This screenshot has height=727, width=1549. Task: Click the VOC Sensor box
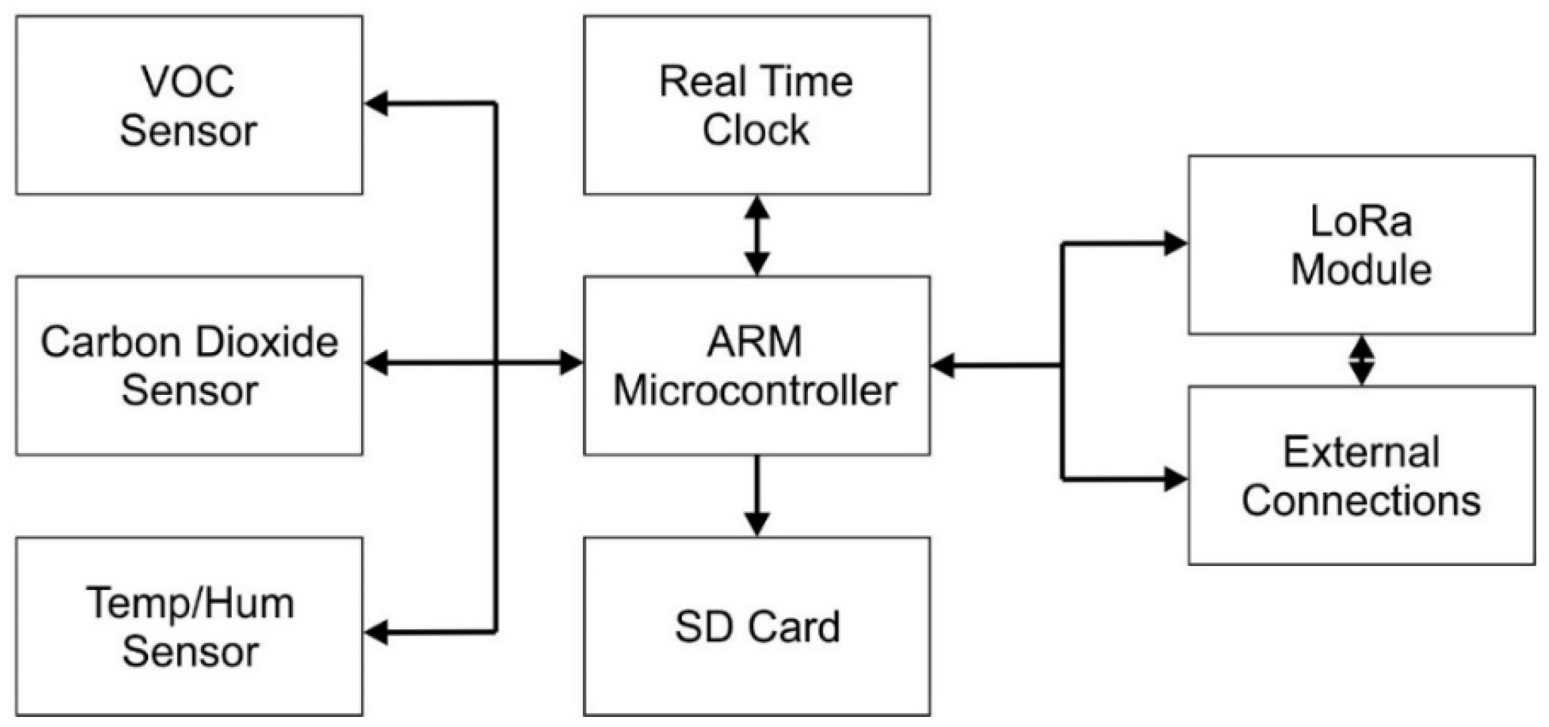189,105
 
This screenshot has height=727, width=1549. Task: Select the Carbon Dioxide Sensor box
189,366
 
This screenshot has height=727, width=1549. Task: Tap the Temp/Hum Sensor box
189,626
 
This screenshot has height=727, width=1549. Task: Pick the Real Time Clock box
756,105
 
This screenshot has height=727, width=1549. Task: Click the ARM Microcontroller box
756,366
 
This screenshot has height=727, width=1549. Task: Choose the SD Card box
756,626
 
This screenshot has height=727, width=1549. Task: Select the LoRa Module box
1361,245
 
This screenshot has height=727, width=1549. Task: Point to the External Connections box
1361,476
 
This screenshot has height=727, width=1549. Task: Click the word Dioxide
267,342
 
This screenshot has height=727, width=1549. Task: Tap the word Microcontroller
755,391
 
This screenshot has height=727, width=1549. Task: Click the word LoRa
1361,221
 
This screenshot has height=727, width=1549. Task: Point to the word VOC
188,82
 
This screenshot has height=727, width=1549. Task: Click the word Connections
1361,500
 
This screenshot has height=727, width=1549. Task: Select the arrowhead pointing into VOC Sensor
377,104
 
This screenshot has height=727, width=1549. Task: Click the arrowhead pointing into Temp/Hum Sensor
377,632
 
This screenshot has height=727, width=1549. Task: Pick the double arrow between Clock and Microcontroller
756,235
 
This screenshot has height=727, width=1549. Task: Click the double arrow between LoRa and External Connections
1361,360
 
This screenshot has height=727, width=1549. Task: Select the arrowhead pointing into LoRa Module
1174,243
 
